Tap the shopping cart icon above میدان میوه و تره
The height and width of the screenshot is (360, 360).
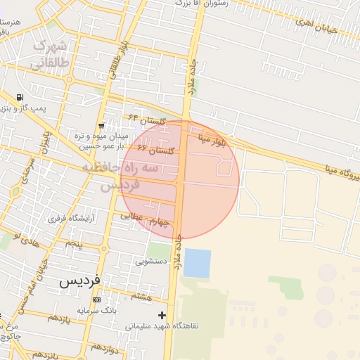tap(101, 124)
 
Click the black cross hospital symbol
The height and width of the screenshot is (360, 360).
tap(163, 314)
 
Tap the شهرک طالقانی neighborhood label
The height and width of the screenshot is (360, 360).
tap(49, 55)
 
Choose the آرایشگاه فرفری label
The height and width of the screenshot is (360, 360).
tap(65, 219)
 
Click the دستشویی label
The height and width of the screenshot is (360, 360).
tap(150, 261)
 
